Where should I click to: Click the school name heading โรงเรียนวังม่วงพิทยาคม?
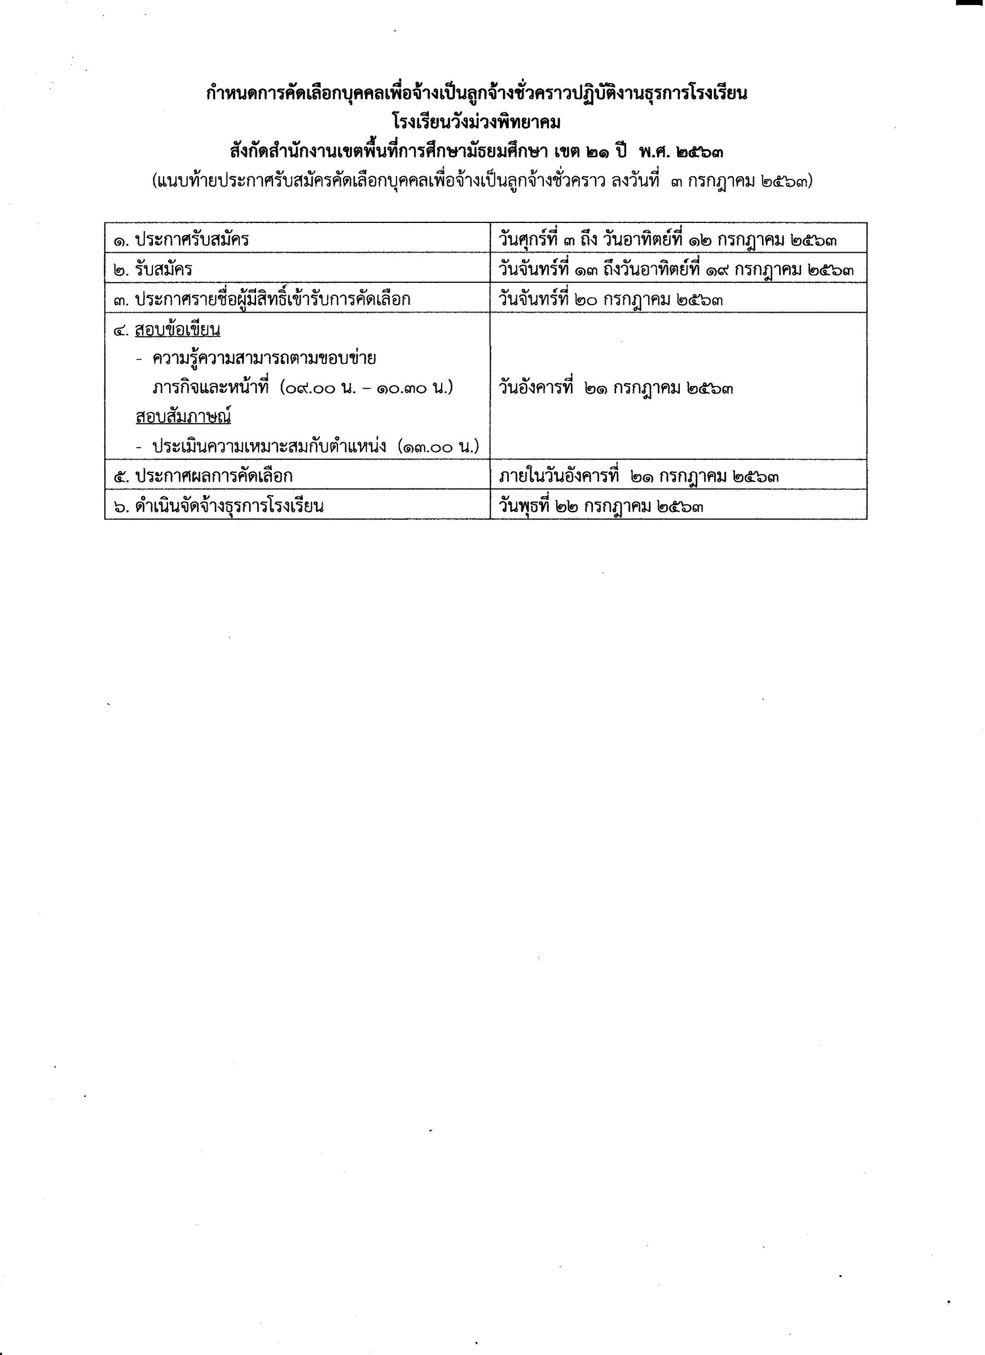pyautogui.click(x=477, y=123)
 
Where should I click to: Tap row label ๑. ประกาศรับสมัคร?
pyautogui.click(x=181, y=240)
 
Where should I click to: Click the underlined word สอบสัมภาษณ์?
pyautogui.click(x=183, y=416)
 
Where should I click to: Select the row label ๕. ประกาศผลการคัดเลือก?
pyautogui.click(x=203, y=476)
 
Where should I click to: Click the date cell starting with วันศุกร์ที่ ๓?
pyautogui.click(x=667, y=240)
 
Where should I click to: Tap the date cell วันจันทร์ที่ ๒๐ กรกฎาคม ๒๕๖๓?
pyautogui.click(x=610, y=299)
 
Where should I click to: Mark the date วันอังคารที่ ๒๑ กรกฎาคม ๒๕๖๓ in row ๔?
pyautogui.click(x=616, y=389)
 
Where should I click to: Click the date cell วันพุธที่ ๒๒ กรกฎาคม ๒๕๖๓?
pyautogui.click(x=600, y=507)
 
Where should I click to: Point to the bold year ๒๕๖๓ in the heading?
pyautogui.click(x=700, y=153)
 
